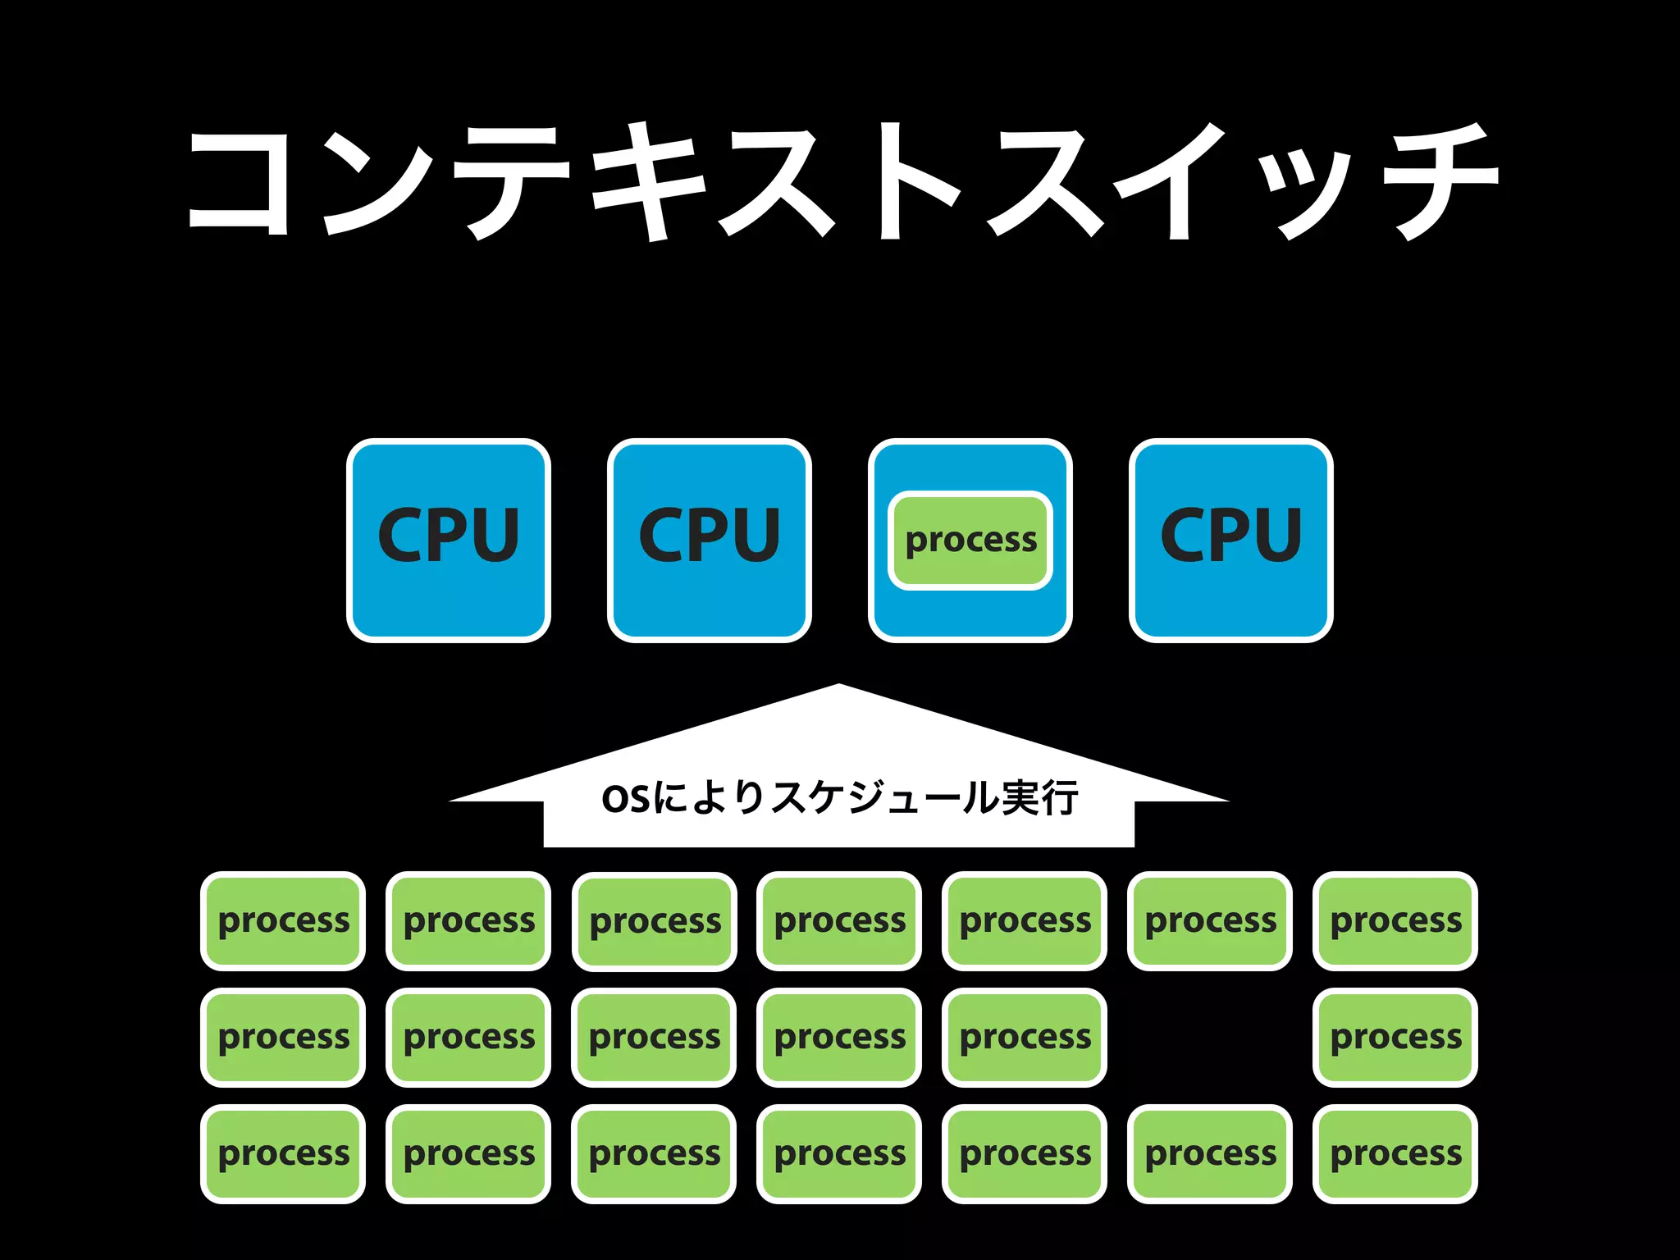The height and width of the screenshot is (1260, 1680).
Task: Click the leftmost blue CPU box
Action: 449,540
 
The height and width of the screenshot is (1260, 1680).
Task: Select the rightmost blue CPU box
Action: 1230,540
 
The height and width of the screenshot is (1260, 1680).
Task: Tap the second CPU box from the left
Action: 710,540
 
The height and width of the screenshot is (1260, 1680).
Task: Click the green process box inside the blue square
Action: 970,540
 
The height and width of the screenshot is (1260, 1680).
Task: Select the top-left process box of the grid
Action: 283,920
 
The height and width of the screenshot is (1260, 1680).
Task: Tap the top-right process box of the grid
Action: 1395,920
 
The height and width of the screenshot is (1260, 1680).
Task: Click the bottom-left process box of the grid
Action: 283,1153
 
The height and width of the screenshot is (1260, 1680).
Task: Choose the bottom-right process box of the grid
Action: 1395,1153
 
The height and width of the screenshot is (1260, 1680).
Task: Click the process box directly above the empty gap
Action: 1210,920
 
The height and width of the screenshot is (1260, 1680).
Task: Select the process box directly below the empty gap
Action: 1210,1153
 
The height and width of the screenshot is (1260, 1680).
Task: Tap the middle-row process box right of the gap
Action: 1395,1037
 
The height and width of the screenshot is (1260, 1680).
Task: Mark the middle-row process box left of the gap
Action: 1025,1037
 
